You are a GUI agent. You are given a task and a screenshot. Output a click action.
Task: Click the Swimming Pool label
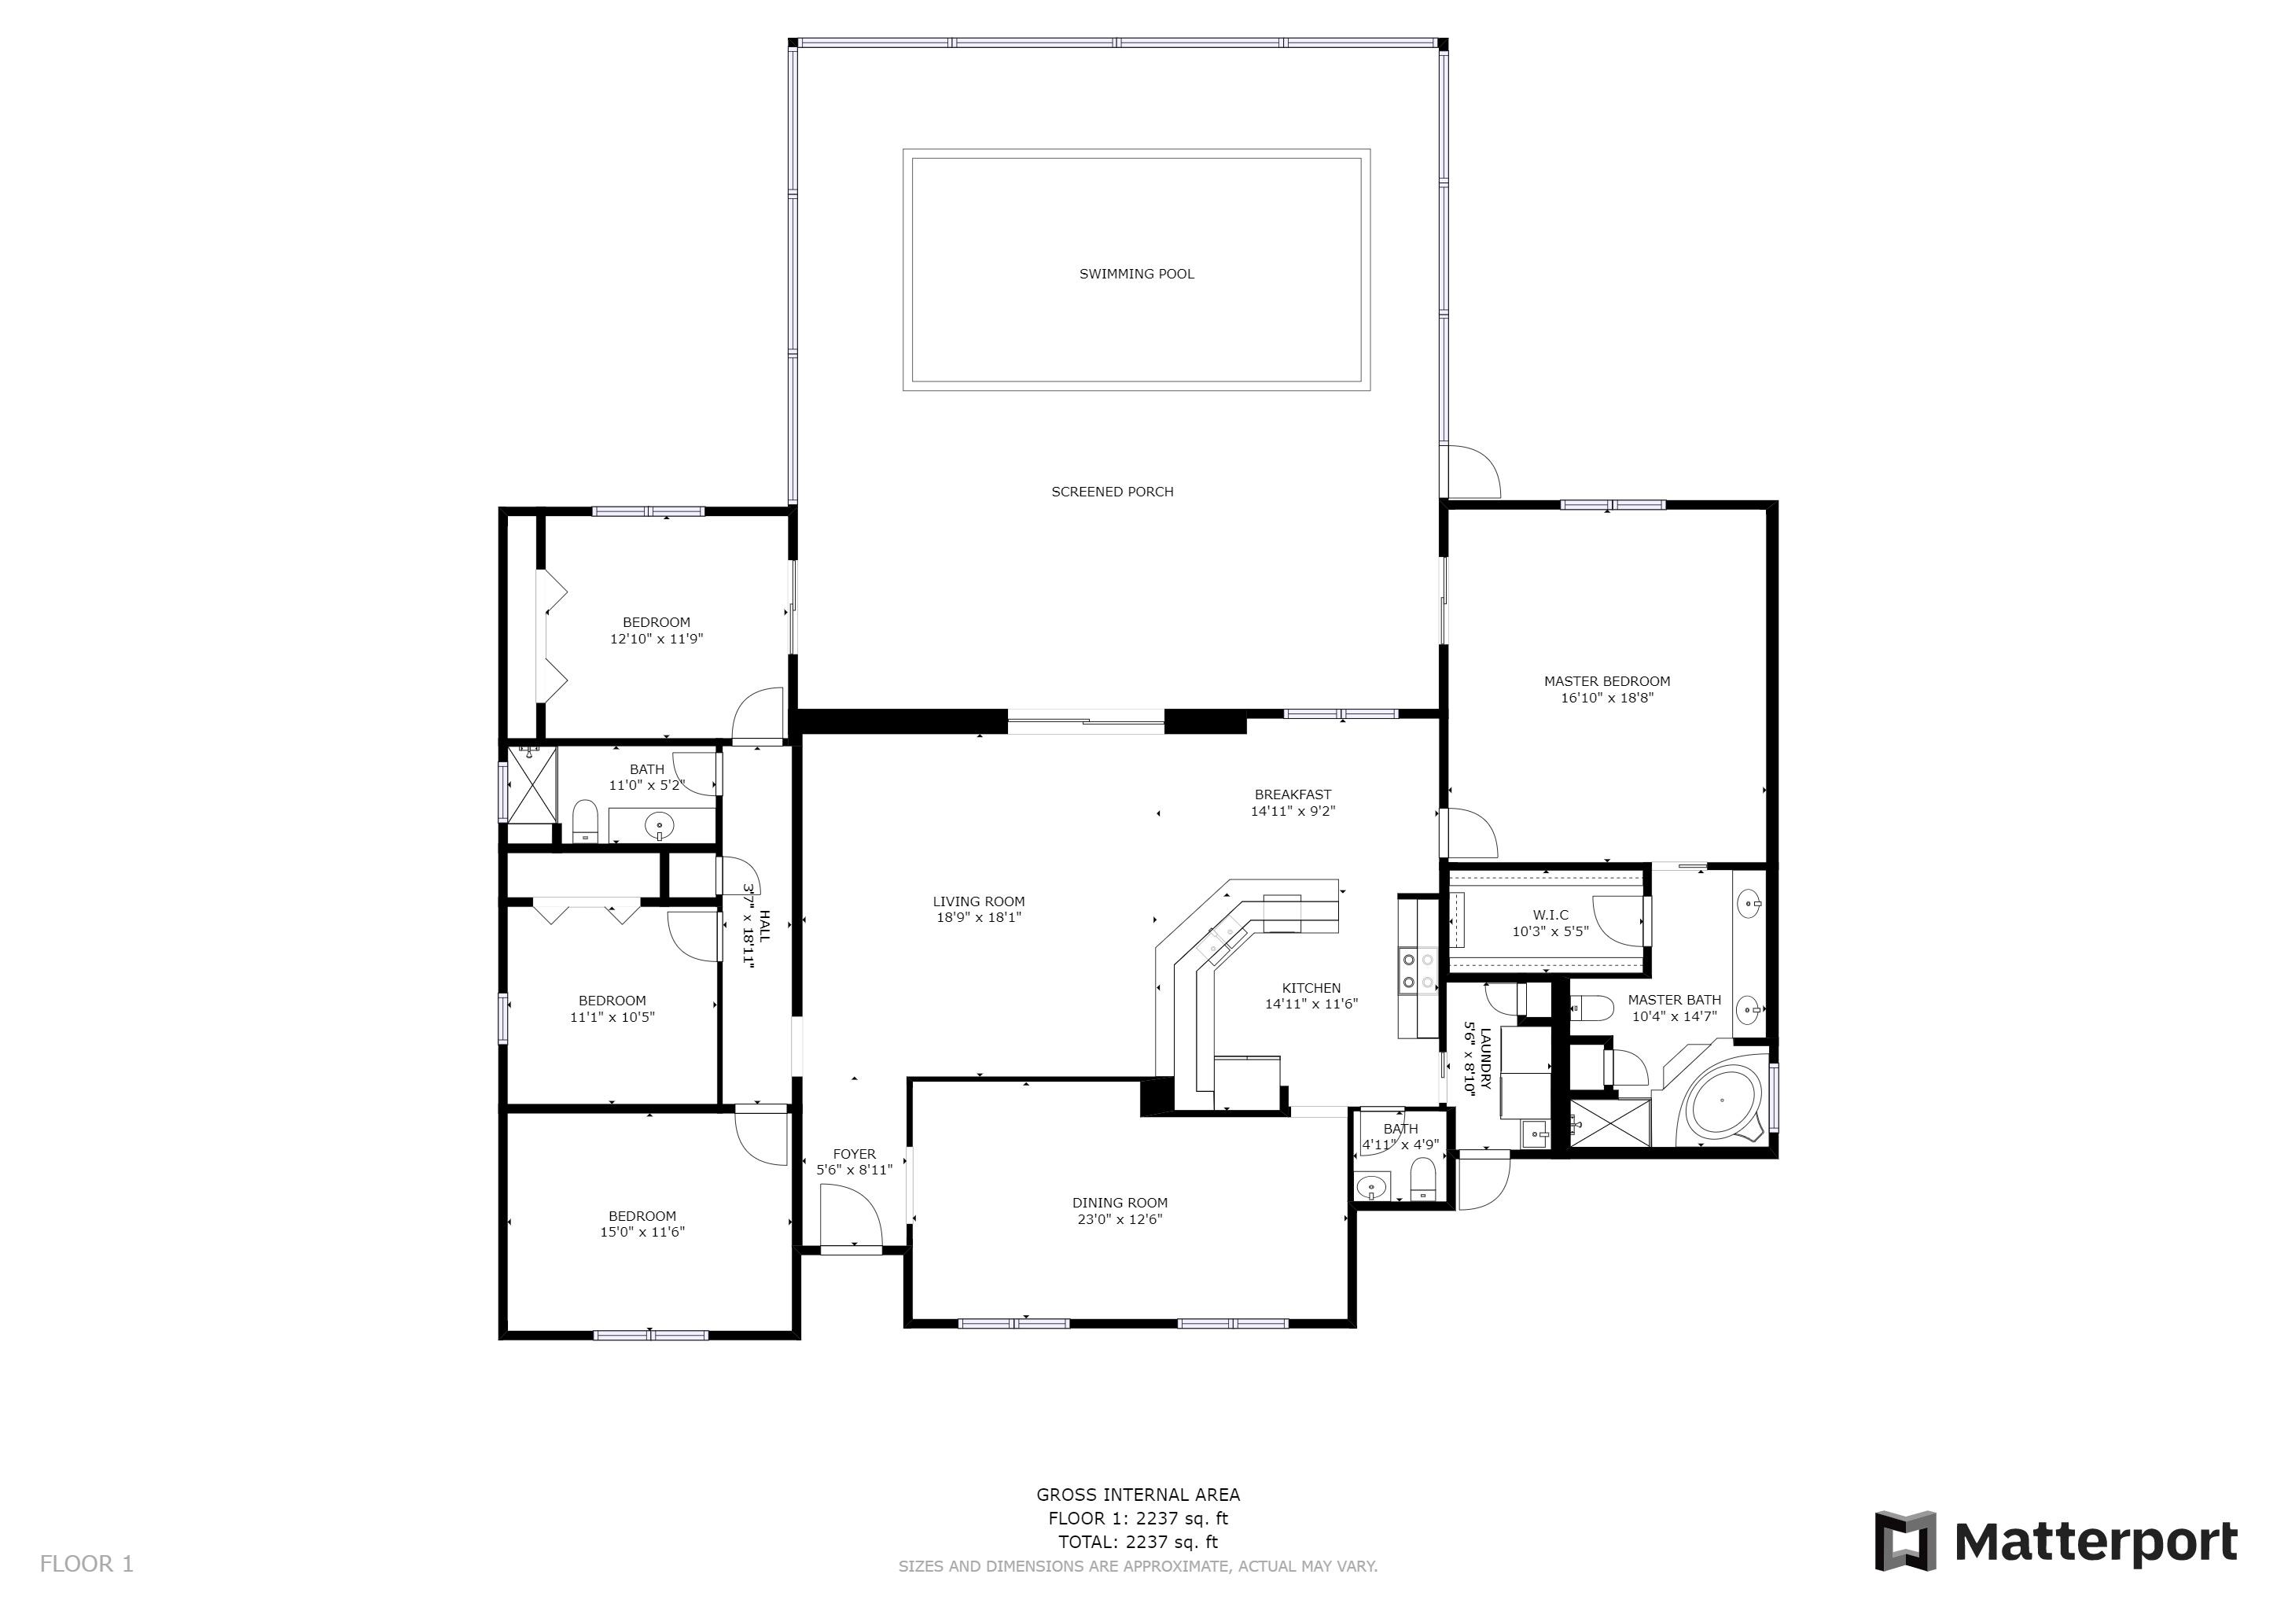[x=1136, y=274]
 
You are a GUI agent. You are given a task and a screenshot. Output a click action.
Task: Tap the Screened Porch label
[x=1112, y=492]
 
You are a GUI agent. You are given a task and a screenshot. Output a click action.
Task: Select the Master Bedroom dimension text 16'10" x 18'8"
[x=1606, y=698]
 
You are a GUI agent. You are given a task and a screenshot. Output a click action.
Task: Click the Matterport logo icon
[x=1904, y=1540]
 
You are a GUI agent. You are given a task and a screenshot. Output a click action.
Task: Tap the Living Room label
[x=979, y=901]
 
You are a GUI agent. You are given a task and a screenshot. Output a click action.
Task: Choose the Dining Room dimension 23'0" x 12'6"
[x=1120, y=1219]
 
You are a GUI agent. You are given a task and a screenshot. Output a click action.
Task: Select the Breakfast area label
[x=1293, y=794]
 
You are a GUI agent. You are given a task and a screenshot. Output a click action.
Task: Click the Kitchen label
[x=1311, y=988]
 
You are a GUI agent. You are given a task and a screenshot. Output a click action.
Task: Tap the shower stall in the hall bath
[x=532, y=783]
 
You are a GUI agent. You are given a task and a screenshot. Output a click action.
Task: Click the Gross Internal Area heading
[x=1138, y=1495]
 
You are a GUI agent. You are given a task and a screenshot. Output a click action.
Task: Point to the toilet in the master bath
[x=1591, y=1009]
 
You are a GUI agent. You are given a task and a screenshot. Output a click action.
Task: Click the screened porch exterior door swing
[x=1472, y=471]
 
